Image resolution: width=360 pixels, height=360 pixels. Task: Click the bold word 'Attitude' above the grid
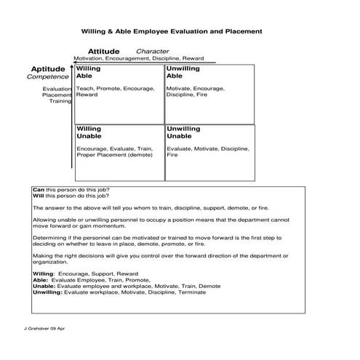103,52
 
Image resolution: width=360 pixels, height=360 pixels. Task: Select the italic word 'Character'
153,52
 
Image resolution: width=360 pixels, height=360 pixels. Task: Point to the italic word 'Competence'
48,77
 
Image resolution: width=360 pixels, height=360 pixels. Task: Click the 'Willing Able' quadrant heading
88,72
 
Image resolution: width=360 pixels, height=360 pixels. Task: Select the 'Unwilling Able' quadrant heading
183,72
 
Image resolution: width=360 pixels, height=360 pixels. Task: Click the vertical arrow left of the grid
72,116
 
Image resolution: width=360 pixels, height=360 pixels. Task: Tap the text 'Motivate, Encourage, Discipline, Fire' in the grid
195,92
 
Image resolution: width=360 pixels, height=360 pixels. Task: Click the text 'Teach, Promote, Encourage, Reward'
115,92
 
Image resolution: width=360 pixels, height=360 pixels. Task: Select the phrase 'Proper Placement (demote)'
114,155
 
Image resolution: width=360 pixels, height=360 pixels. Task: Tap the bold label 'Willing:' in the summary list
44,274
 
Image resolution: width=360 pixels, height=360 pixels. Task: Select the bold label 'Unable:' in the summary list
44,286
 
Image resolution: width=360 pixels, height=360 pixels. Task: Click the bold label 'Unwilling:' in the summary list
48,292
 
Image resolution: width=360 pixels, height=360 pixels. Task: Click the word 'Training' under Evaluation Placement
60,101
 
